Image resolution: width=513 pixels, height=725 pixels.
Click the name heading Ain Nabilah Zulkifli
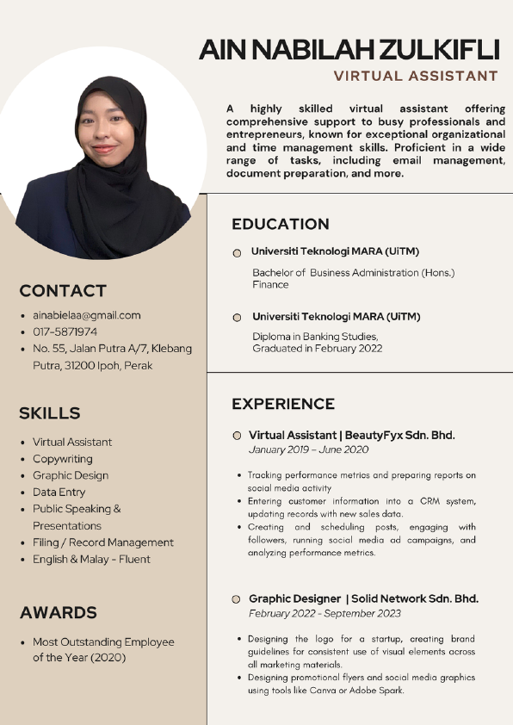349,49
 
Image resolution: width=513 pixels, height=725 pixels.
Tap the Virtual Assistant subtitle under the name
416,76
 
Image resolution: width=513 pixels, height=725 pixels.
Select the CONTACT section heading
63,290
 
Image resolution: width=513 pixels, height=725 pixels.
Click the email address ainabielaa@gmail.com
86,315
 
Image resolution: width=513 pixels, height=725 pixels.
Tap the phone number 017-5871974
65,332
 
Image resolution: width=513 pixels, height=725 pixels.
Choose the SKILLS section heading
50,413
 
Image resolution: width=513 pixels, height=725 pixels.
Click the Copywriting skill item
62,459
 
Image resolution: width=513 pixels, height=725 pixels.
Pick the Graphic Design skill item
71,475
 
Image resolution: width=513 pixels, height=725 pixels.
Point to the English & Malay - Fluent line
91,559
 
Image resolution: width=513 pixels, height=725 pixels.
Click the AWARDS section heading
58,613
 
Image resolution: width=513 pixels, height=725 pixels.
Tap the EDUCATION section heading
281,224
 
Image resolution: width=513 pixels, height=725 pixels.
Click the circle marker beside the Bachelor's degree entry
237,253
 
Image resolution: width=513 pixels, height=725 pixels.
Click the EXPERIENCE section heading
283,404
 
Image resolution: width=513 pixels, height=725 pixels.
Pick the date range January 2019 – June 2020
308,450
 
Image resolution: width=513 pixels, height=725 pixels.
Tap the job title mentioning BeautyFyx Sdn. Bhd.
351,435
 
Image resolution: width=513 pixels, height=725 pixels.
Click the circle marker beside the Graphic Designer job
236,598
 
